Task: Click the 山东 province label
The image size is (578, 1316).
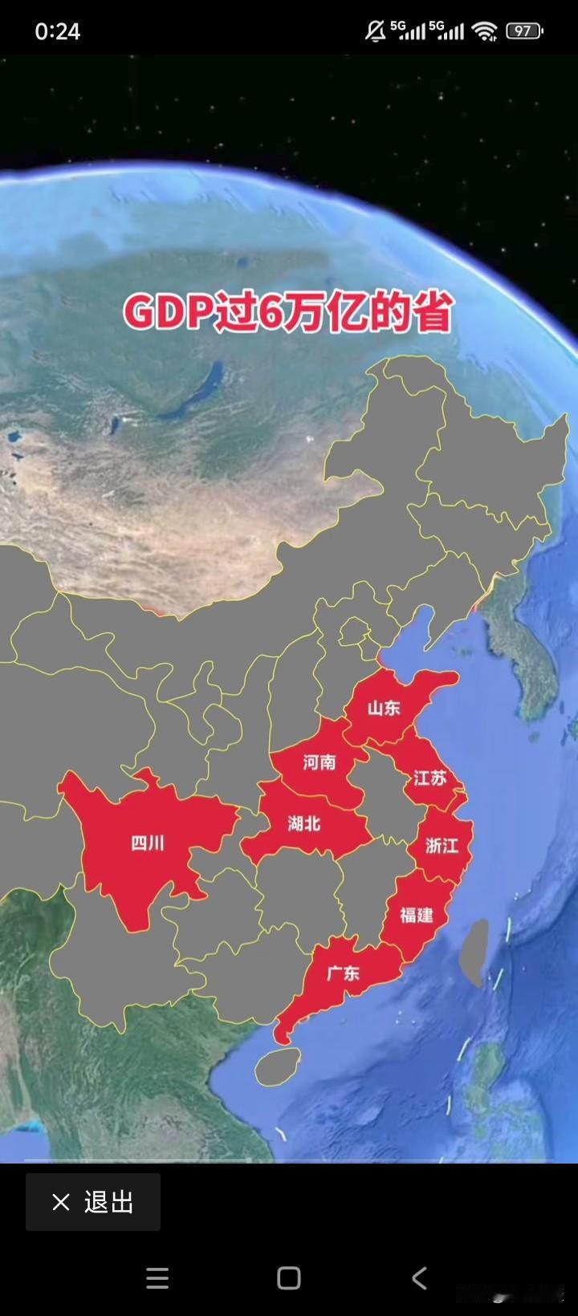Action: [384, 708]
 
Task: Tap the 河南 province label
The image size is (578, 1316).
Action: [320, 762]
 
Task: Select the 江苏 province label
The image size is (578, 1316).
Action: [429, 778]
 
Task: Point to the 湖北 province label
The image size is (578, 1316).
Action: [304, 823]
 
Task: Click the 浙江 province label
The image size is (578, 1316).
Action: [442, 845]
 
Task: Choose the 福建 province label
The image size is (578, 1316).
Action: [417, 915]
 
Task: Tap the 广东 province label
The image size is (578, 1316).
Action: [343, 973]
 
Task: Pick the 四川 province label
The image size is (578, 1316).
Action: [148, 843]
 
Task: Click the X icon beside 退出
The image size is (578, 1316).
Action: [61, 1202]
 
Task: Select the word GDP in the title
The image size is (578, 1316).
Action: [167, 313]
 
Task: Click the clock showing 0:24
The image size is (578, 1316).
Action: [58, 31]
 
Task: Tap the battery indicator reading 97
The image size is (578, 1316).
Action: [524, 31]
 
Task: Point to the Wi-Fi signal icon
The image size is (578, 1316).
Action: [484, 31]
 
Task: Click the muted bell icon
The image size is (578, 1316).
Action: [375, 31]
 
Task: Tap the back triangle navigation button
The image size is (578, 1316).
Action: [419, 1277]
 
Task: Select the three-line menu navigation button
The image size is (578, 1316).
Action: [157, 1277]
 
